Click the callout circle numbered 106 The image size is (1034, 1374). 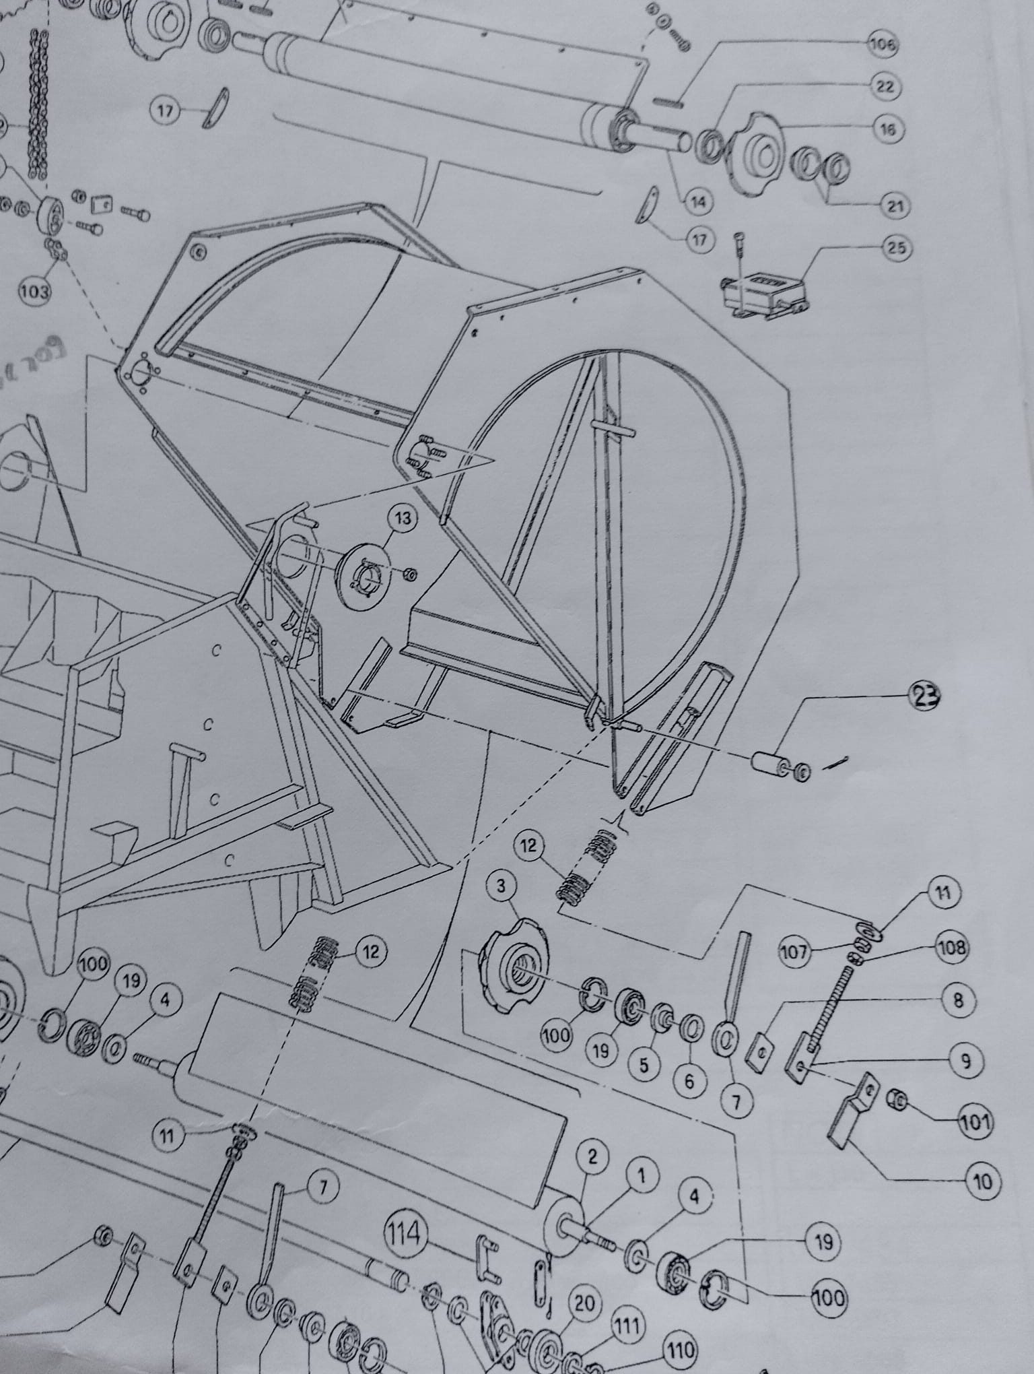click(883, 46)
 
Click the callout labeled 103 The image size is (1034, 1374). click(35, 291)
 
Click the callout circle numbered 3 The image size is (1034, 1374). click(501, 886)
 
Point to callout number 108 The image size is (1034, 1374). click(952, 949)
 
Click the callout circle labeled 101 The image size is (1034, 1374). click(975, 1122)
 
